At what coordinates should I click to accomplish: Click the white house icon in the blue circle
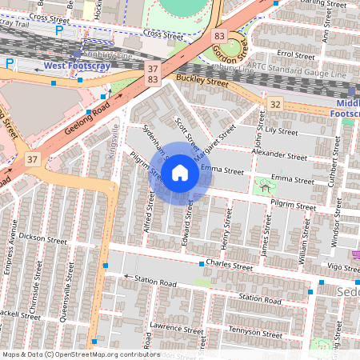coord(180,172)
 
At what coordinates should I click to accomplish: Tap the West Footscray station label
coord(76,65)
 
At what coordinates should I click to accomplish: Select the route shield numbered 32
coord(275,104)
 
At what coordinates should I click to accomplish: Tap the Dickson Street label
coord(44,238)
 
